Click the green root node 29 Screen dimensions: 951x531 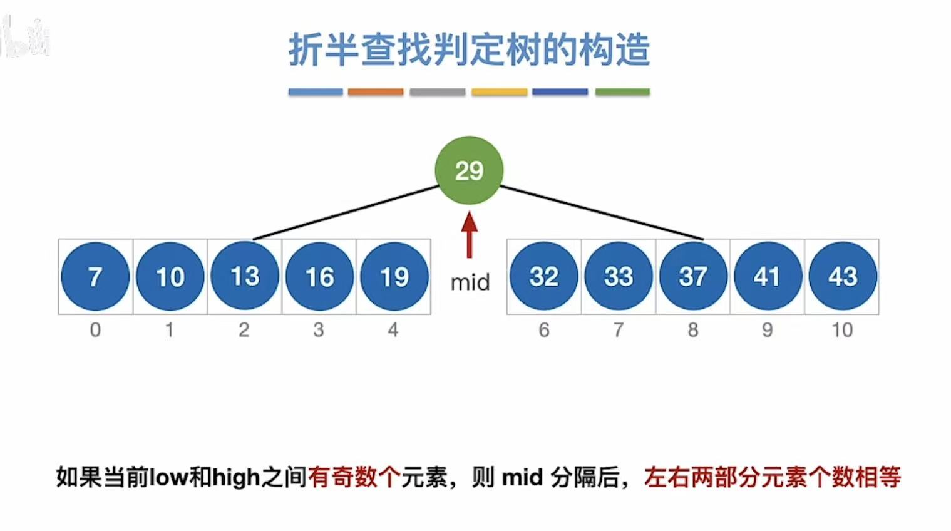pyautogui.click(x=469, y=170)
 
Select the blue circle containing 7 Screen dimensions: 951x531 pyautogui.click(x=95, y=276)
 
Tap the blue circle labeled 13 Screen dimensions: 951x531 pyautogui.click(x=245, y=276)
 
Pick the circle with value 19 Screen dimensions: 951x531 pyautogui.click(x=394, y=276)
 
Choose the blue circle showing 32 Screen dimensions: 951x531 pyautogui.click(x=543, y=276)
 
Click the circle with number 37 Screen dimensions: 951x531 pyautogui.click(x=693, y=276)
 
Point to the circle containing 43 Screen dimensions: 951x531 pyautogui.click(x=842, y=276)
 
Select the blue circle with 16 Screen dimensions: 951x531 pyautogui.click(x=319, y=276)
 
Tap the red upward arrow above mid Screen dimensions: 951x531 pyautogui.click(x=470, y=235)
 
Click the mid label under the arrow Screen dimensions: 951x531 pyautogui.click(x=470, y=282)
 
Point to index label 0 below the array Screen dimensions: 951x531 pyautogui.click(x=95, y=329)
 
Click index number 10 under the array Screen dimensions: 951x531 pyautogui.click(x=842, y=329)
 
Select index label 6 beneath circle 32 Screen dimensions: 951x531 pyautogui.click(x=543, y=329)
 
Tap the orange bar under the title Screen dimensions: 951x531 pyautogui.click(x=376, y=92)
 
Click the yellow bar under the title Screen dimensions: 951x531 pyautogui.click(x=499, y=92)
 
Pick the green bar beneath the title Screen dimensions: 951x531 pyautogui.click(x=622, y=92)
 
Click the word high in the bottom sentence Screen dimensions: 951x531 pyautogui.click(x=236, y=478)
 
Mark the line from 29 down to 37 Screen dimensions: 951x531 pyautogui.click(x=601, y=213)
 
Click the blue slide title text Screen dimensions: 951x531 pyautogui.click(x=469, y=50)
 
